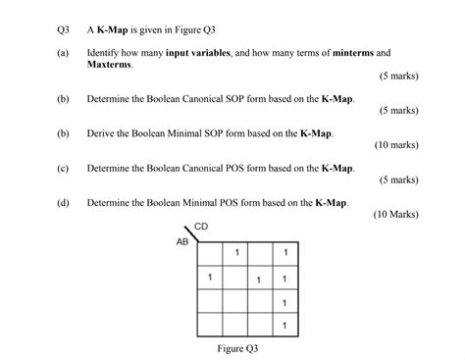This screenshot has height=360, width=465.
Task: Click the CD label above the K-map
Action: pos(201,228)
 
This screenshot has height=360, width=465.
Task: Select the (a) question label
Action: pos(63,51)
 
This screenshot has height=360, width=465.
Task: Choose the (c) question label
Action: pos(63,168)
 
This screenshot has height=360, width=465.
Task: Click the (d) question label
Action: pos(63,202)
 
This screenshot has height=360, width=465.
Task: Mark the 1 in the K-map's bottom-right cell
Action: pos(284,323)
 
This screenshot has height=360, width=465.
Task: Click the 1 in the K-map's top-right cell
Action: pos(284,255)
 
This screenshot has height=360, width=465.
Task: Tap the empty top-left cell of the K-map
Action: pos(210,255)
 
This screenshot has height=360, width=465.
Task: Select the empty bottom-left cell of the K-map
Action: pos(210,323)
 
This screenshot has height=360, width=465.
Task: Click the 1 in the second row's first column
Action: pos(210,278)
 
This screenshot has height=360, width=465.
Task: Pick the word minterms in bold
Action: pos(348,51)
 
